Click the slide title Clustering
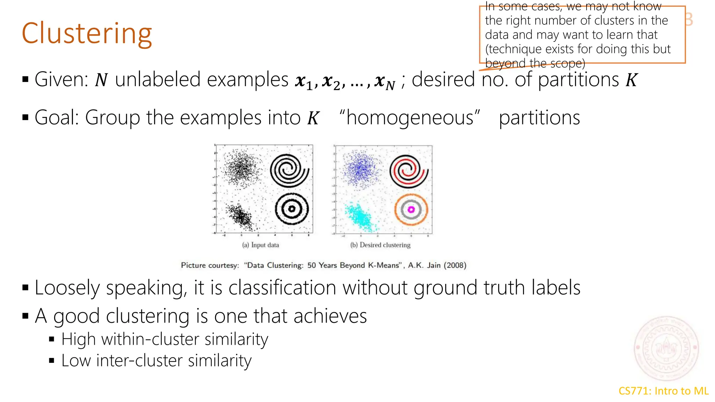pos(87,34)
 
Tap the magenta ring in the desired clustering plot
pos(411,209)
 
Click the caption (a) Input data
pos(260,245)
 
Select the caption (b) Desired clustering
pos(380,245)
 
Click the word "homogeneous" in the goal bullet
pos(410,118)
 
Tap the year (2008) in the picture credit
pos(455,265)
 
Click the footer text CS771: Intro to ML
pos(663,391)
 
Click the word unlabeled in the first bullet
pos(201,80)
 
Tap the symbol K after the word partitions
pos(631,80)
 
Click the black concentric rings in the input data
pos(292,209)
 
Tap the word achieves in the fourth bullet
pos(330,316)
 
